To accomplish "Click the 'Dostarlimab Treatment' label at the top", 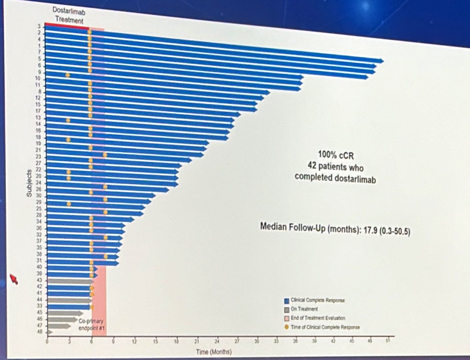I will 69,15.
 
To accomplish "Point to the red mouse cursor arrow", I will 14,279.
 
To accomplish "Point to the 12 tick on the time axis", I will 134,342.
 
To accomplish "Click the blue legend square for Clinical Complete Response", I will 286,300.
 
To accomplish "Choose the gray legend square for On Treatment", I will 286,309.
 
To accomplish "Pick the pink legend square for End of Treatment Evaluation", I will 286,318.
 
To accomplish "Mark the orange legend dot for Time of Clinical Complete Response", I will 286,327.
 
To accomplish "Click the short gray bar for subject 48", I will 50,332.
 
